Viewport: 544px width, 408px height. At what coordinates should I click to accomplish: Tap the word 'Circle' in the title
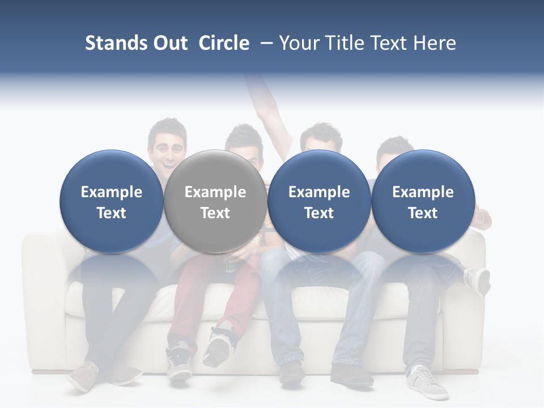(224, 43)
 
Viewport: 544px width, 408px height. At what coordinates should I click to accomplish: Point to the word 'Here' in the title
(436, 43)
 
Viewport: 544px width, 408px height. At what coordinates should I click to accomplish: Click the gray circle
(215, 201)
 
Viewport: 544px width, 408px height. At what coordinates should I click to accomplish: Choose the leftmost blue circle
(111, 201)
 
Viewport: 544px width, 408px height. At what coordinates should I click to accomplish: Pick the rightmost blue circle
(423, 201)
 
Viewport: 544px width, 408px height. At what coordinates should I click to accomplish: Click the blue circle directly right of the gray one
(319, 201)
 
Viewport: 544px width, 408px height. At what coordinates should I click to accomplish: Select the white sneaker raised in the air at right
(477, 280)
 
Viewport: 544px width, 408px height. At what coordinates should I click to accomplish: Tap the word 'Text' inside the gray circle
(215, 213)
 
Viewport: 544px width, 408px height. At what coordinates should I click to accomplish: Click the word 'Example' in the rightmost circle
(423, 192)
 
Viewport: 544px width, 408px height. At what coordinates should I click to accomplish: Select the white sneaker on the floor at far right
(428, 382)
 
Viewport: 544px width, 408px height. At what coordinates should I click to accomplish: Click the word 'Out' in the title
(169, 43)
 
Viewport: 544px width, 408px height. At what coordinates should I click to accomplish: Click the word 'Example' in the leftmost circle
(111, 192)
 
